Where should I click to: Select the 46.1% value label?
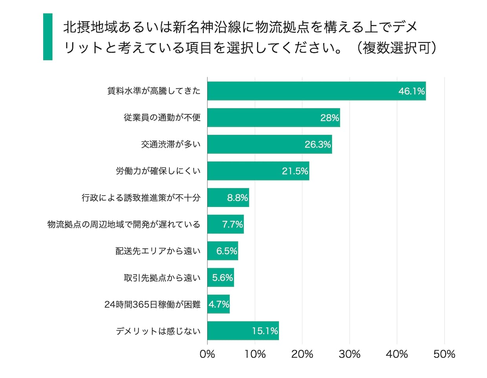(411, 91)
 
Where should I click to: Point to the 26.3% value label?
(318, 144)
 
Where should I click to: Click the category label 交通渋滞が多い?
(171, 144)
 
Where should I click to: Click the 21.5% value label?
(295, 171)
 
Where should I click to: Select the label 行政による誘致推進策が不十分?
(141, 198)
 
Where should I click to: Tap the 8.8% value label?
(237, 198)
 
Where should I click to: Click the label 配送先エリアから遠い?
(158, 251)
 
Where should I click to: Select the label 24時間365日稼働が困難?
(152, 305)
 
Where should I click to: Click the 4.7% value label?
(219, 305)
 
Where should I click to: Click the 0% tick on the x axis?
(207, 354)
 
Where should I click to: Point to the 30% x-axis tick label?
(350, 354)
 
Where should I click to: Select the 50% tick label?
(444, 354)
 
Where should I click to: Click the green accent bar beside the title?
(48, 37)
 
